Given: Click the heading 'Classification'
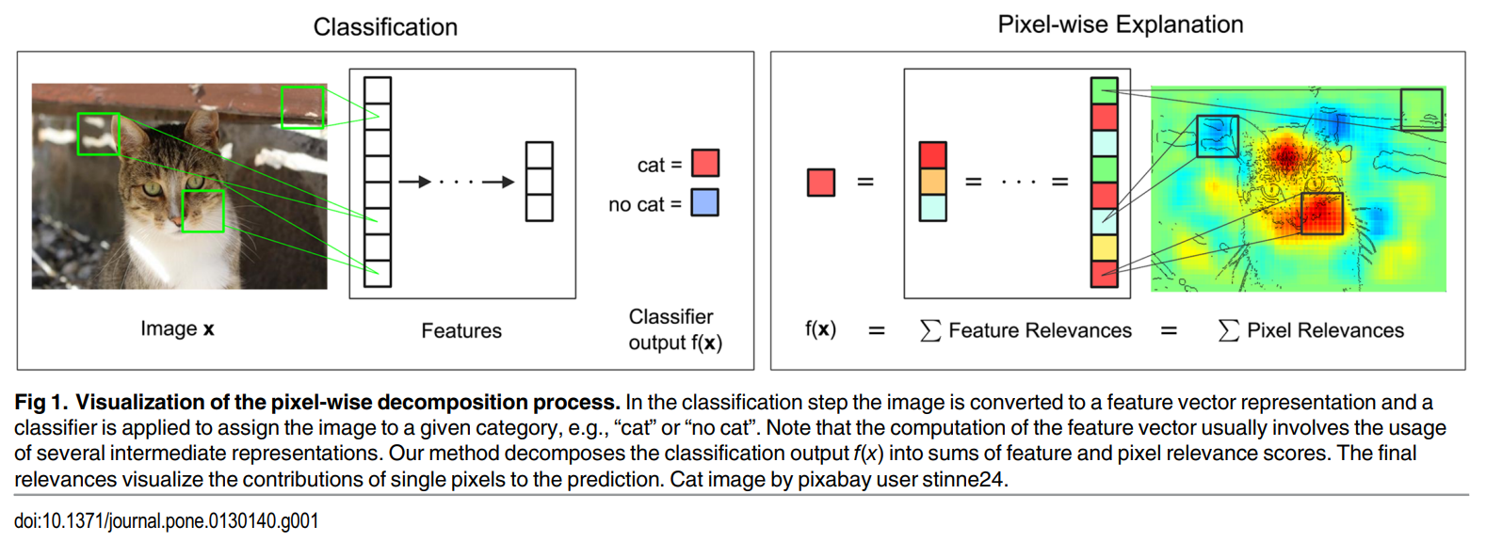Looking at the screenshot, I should click(385, 27).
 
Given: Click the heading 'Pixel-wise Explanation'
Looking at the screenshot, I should click(1120, 24).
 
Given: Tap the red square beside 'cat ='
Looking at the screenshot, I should click(705, 163).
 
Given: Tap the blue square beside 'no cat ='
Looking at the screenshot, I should click(704, 202).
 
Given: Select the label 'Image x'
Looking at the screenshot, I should click(177, 328).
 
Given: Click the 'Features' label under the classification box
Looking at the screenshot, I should click(460, 330).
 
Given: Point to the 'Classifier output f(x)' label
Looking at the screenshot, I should click(674, 329).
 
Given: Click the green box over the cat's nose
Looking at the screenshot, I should click(202, 211).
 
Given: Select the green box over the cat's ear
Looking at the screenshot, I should click(98, 134).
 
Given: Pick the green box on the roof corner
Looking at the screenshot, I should click(302, 107).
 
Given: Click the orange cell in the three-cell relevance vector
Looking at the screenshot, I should click(932, 181).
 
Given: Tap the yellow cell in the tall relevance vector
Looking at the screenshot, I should click(1104, 247).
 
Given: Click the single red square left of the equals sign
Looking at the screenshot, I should click(820, 182).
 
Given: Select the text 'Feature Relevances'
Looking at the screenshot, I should click(1040, 330).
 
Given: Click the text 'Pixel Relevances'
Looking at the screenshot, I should click(1324, 330).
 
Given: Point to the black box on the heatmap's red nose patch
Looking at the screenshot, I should click(1321, 214).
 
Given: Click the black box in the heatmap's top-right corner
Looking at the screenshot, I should click(1421, 109).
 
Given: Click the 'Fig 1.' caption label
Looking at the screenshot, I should click(40, 403).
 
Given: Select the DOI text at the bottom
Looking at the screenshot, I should click(166, 520).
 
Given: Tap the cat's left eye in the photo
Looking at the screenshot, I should click(153, 189).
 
